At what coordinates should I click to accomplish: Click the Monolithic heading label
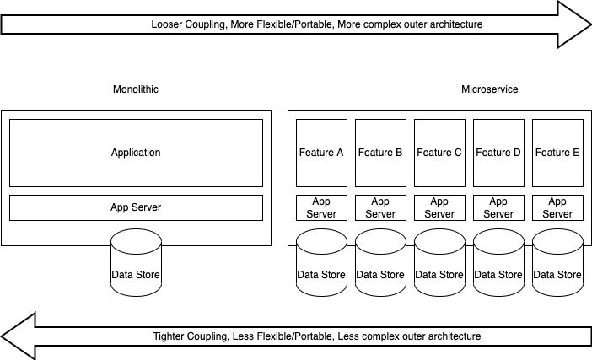click(x=136, y=89)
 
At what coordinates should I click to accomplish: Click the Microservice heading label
click(x=489, y=89)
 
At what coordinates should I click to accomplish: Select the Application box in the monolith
click(x=136, y=153)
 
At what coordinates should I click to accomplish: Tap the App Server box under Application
click(x=136, y=207)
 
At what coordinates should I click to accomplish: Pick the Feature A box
click(x=321, y=153)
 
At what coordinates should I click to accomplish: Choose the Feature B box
click(x=380, y=153)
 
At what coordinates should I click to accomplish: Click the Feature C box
click(x=439, y=153)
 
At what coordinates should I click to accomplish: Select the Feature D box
click(x=498, y=153)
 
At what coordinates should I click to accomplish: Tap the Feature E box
click(x=557, y=153)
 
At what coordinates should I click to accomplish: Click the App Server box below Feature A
click(x=321, y=207)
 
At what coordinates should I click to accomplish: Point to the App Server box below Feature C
click(x=439, y=207)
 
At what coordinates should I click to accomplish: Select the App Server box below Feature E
click(x=557, y=207)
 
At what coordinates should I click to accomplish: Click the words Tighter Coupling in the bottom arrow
click(x=190, y=336)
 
